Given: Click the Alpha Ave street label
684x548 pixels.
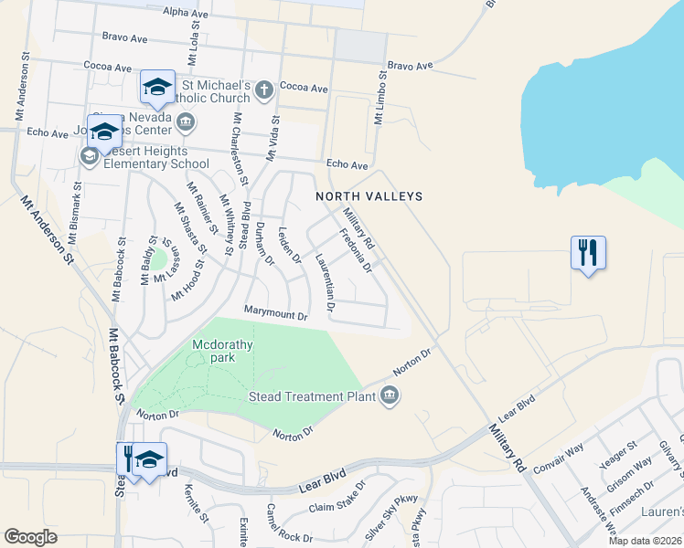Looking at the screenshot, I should tap(187, 11).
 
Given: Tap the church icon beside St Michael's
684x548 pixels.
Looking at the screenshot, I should tap(264, 90).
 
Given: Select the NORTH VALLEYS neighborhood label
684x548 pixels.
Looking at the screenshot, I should tap(369, 196).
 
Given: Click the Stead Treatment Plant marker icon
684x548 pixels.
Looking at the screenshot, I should tap(390, 395).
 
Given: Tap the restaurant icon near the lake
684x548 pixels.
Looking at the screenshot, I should tap(588, 251).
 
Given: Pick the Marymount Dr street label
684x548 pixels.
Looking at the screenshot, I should tap(275, 312).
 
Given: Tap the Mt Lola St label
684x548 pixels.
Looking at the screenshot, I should tap(195, 43).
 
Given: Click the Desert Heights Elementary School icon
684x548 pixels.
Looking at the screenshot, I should tap(90, 157).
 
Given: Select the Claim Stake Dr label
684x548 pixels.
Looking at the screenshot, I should tap(337, 507).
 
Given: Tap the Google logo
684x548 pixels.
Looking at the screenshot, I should tap(30, 537).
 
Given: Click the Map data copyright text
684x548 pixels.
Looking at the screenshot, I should tap(646, 541).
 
